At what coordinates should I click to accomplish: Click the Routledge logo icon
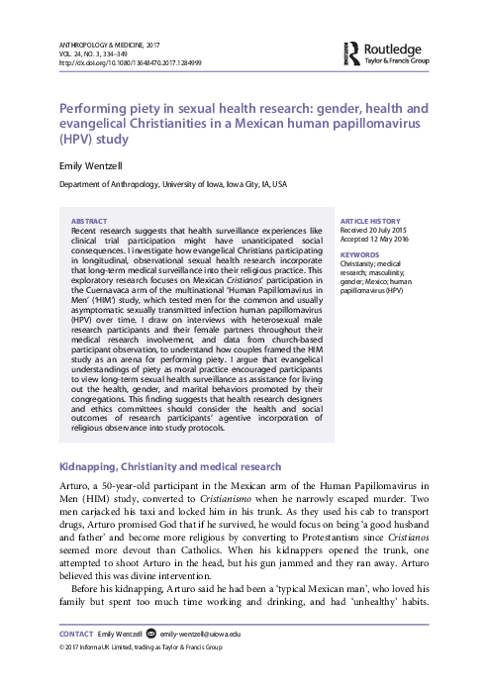(x=353, y=51)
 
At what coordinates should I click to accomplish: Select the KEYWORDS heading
(x=359, y=255)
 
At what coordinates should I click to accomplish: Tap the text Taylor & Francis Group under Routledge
(x=400, y=59)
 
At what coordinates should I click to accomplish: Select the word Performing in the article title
(x=94, y=107)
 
